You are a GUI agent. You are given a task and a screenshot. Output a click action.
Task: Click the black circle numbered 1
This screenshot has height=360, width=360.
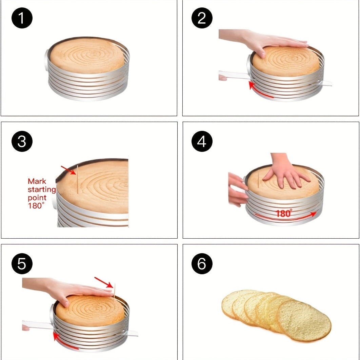[22, 18]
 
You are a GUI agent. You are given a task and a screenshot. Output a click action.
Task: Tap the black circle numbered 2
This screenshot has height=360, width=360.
[202, 18]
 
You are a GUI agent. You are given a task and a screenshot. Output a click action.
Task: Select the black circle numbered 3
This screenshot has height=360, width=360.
[22, 141]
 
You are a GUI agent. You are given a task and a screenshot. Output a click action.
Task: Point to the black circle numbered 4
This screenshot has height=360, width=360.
[202, 141]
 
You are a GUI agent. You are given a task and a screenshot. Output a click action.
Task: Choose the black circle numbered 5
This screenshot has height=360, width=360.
[22, 264]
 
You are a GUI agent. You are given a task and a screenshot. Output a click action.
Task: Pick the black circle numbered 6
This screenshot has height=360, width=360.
[202, 264]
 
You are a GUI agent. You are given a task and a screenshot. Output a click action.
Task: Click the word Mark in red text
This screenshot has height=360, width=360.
[37, 181]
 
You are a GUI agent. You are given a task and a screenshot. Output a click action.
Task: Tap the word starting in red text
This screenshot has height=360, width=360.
[42, 189]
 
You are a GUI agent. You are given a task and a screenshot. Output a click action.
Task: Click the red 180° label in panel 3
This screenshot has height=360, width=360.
[36, 205]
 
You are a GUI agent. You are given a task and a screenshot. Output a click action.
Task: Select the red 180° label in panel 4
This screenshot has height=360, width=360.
[284, 213]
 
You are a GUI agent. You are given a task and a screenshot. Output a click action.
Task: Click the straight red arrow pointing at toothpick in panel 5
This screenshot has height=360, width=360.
[104, 282]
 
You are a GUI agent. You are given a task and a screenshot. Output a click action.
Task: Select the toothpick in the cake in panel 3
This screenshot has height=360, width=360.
[78, 179]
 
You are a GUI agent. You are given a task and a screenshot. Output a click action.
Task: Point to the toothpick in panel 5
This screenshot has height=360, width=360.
[114, 291]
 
